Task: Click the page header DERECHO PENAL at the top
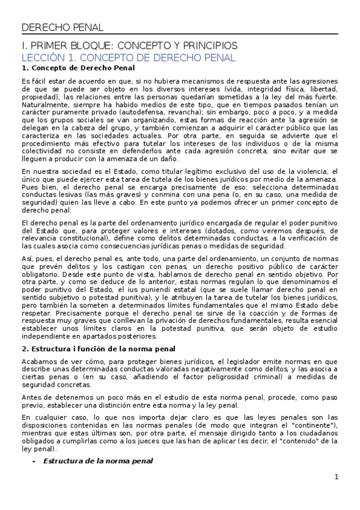tap(63, 27)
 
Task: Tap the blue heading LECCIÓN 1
tap(128, 58)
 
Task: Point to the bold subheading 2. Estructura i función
tap(98, 349)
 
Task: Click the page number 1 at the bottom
tap(337, 478)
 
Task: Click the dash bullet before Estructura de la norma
tap(34, 461)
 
